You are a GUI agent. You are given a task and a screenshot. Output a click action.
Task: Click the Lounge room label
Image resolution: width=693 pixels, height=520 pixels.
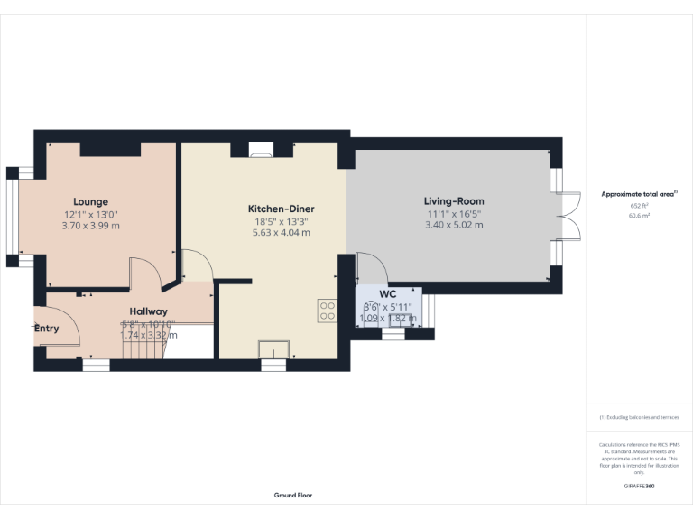pyautogui.click(x=91, y=201)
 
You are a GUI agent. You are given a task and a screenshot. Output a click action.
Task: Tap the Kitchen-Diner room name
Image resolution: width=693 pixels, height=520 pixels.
pyautogui.click(x=281, y=209)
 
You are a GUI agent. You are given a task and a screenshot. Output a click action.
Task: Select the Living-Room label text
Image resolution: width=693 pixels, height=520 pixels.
pyautogui.click(x=454, y=201)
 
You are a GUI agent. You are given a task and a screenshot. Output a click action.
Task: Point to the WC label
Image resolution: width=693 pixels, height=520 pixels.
pyautogui.click(x=388, y=294)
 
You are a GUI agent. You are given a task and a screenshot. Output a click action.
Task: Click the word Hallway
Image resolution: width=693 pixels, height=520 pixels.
pyautogui.click(x=148, y=311)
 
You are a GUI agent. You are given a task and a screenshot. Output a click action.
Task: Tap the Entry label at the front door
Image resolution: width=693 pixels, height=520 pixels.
pyautogui.click(x=47, y=328)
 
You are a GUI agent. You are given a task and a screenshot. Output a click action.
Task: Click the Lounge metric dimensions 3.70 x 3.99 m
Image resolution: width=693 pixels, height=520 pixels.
pyautogui.click(x=91, y=225)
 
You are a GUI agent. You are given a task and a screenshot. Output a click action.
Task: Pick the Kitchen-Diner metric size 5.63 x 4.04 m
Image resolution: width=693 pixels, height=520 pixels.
pyautogui.click(x=281, y=232)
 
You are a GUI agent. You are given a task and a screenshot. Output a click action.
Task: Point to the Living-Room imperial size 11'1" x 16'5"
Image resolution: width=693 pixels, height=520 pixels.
pyautogui.click(x=454, y=213)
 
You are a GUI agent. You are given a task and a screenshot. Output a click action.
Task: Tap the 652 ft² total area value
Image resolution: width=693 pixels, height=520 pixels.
pyautogui.click(x=639, y=206)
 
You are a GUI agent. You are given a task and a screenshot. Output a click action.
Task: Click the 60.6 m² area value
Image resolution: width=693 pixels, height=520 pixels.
pyautogui.click(x=639, y=217)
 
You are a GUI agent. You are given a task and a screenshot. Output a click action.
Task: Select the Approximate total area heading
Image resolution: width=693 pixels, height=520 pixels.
pyautogui.click(x=639, y=194)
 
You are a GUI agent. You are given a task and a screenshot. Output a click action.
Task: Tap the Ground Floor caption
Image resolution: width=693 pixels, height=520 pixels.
pyautogui.click(x=293, y=496)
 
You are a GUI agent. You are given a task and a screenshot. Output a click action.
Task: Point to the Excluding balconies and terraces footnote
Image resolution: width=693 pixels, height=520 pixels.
pyautogui.click(x=639, y=417)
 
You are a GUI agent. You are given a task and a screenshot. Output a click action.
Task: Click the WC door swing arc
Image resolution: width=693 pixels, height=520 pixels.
pyautogui.click(x=372, y=268)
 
